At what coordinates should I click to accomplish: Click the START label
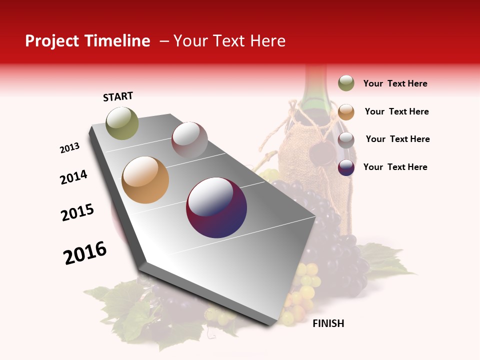[x=118, y=96]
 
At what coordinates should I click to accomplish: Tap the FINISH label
[x=328, y=323]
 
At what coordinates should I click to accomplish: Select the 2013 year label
[x=70, y=148]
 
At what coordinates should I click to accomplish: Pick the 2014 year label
[x=74, y=177]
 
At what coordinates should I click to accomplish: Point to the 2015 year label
[x=77, y=212]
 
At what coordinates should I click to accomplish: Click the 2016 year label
[x=85, y=253]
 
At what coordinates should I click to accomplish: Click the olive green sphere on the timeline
[x=122, y=123]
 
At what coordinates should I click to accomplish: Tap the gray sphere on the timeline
[x=189, y=139]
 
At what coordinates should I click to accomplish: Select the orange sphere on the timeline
[x=145, y=180]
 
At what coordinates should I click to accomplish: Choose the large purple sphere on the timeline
[x=216, y=207]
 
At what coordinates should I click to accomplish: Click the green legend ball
[x=346, y=83]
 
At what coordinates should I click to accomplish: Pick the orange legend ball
[x=346, y=112]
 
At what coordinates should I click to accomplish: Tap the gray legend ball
[x=346, y=140]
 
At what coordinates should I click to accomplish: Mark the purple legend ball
[x=346, y=167]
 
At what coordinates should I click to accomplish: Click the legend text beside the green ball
[x=395, y=84]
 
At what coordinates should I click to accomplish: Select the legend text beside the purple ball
[x=395, y=167]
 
